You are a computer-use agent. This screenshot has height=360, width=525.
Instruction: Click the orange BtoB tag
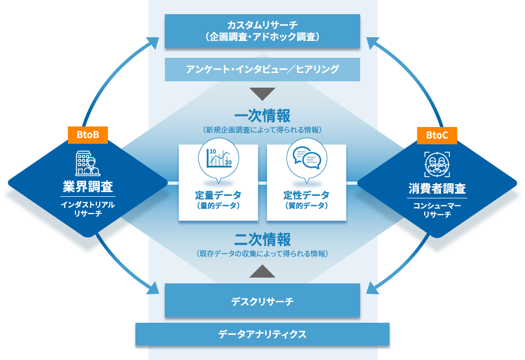coord(88,135)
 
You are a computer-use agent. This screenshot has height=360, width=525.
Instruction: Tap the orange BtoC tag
coord(437,135)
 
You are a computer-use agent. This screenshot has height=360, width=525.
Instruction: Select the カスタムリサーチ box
coord(262,31)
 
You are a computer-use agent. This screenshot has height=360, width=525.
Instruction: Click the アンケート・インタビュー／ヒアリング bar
coord(262,69)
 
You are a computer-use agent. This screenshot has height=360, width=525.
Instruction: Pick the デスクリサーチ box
coord(262,301)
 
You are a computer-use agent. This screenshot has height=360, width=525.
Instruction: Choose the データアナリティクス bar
coord(262,334)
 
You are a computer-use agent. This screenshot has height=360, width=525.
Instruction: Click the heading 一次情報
coord(262,115)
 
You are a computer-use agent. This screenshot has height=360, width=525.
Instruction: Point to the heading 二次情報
coord(262,240)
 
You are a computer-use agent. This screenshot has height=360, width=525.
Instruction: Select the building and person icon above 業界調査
coord(88,163)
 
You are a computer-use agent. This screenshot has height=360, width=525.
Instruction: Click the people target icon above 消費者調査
coord(437,163)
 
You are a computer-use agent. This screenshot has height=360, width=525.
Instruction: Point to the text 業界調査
coord(88,187)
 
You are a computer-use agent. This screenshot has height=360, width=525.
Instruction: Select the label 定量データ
coord(218,195)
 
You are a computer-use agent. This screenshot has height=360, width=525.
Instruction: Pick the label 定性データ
coord(307,195)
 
